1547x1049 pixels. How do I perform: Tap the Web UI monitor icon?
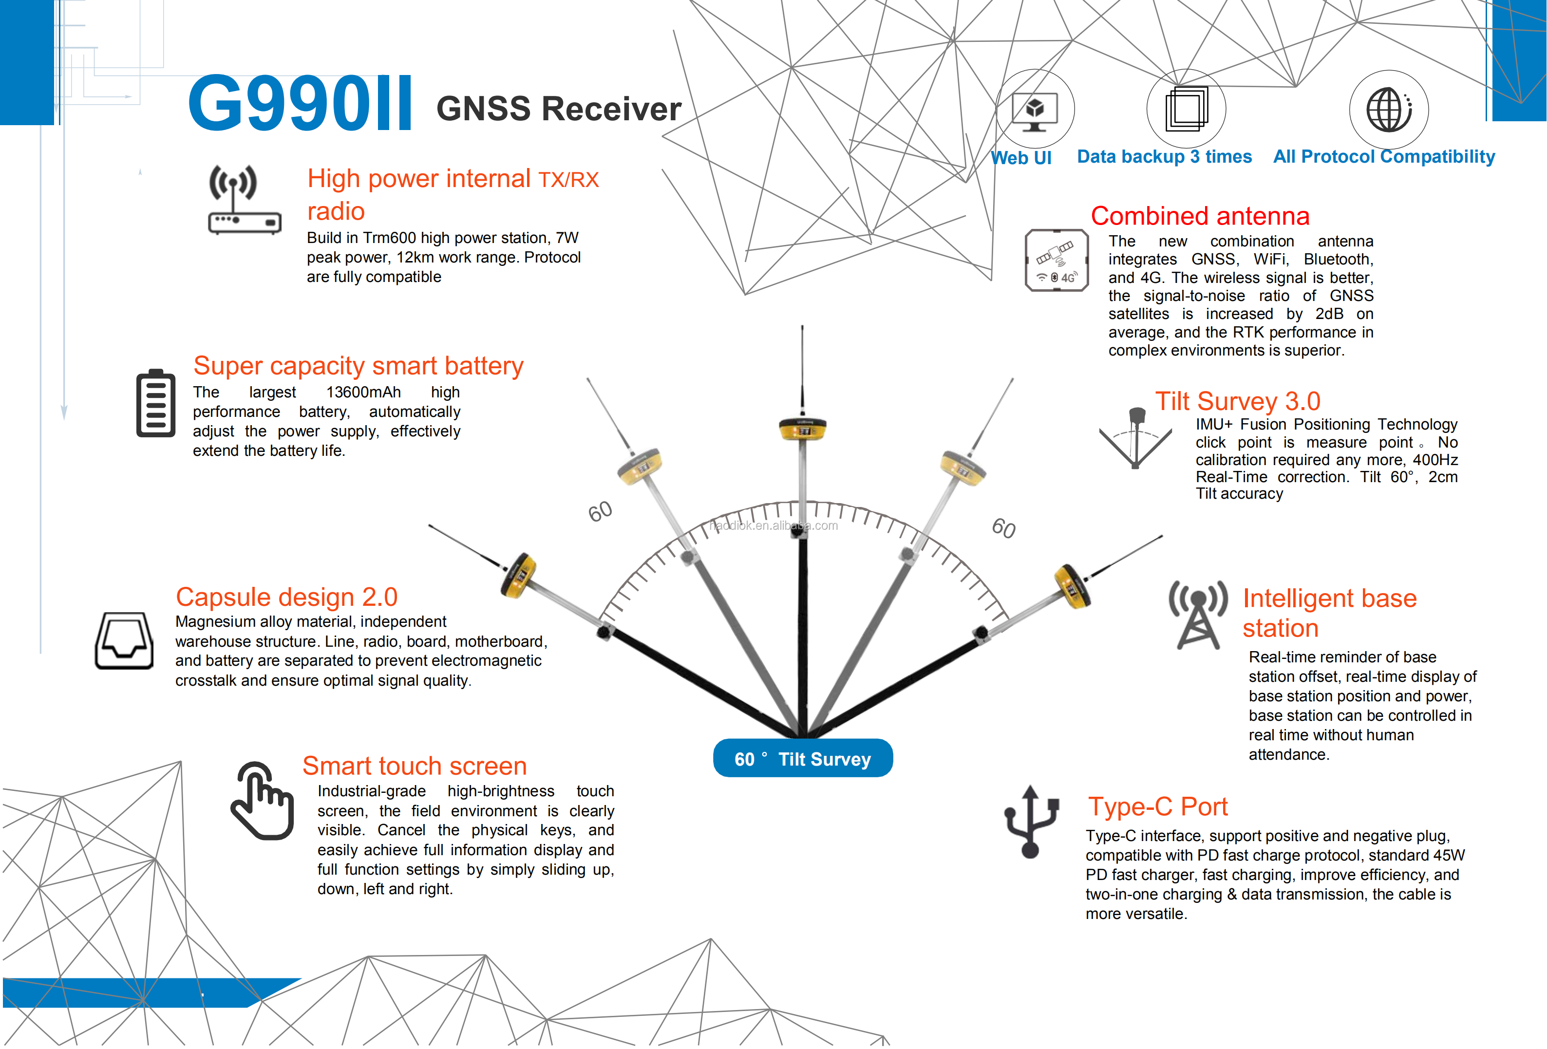(x=1035, y=110)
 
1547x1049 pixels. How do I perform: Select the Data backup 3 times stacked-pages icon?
(x=1186, y=109)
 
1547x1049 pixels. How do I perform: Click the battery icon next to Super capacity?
(x=156, y=403)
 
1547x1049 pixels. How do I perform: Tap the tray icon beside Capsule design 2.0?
(x=124, y=640)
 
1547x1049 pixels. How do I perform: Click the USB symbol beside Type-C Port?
(x=1031, y=822)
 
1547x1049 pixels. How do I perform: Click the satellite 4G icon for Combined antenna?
(x=1056, y=260)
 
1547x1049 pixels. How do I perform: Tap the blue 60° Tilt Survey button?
(x=803, y=759)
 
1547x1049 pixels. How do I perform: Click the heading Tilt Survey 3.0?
(x=1237, y=401)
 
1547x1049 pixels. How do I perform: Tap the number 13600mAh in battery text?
(x=363, y=392)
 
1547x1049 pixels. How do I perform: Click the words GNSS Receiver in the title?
(x=559, y=109)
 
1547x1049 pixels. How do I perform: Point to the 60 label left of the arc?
(x=600, y=511)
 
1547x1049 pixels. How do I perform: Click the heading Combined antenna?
(x=1200, y=216)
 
